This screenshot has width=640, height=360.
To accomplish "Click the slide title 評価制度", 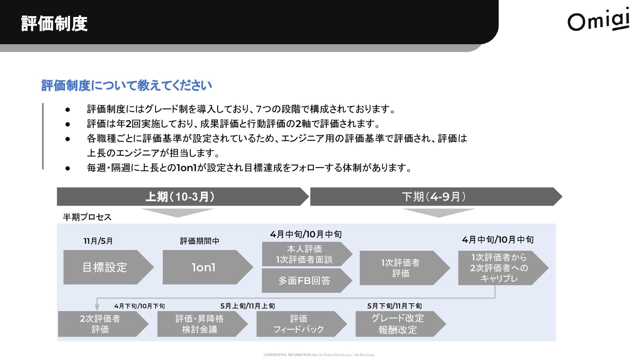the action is pos(54,23).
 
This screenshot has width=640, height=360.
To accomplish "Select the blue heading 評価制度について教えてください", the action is pos(127,86).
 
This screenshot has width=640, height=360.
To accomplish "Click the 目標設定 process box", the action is pos(105,267).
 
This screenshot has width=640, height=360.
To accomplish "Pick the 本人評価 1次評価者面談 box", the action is pos(304,254).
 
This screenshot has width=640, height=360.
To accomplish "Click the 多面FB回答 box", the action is pos(304,281).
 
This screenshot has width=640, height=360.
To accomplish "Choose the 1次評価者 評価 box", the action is pos(401,268).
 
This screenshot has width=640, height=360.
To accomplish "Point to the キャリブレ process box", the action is pos(499,268).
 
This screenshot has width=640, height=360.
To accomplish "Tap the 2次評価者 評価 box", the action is pos(100,324).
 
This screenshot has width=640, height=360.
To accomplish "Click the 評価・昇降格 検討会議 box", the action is pos(199,324).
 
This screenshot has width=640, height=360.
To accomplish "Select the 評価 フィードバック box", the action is pos(298,324).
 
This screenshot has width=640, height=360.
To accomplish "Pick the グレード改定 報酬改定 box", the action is pos(397,324).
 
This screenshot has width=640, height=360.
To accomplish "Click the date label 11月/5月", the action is pos(98,241).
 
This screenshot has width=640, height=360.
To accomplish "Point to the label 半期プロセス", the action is pos(87,217).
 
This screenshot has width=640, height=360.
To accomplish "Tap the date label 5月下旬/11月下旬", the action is pos(394,306).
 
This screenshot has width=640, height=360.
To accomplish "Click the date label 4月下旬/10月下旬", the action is pos(139,306).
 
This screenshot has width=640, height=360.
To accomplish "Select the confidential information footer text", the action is pos(319,355).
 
